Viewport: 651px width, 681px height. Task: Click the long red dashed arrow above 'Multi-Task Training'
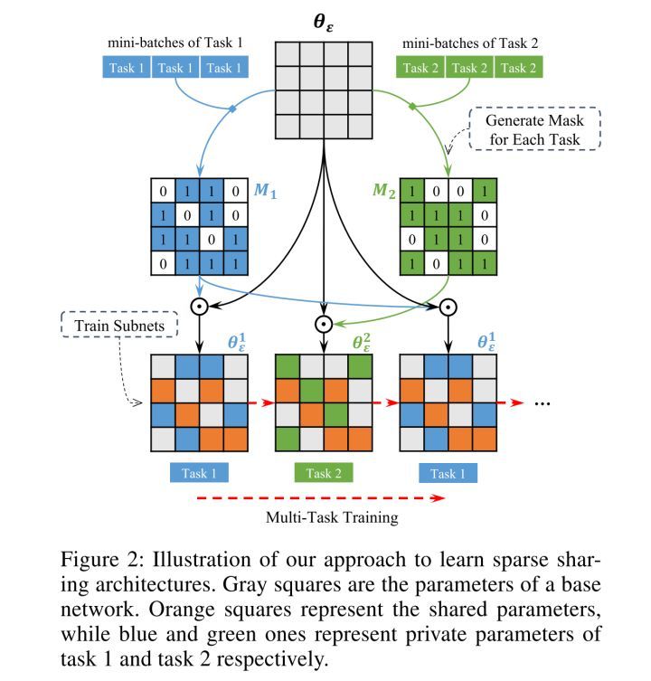(320, 497)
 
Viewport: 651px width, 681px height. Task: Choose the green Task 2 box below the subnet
(323, 473)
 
